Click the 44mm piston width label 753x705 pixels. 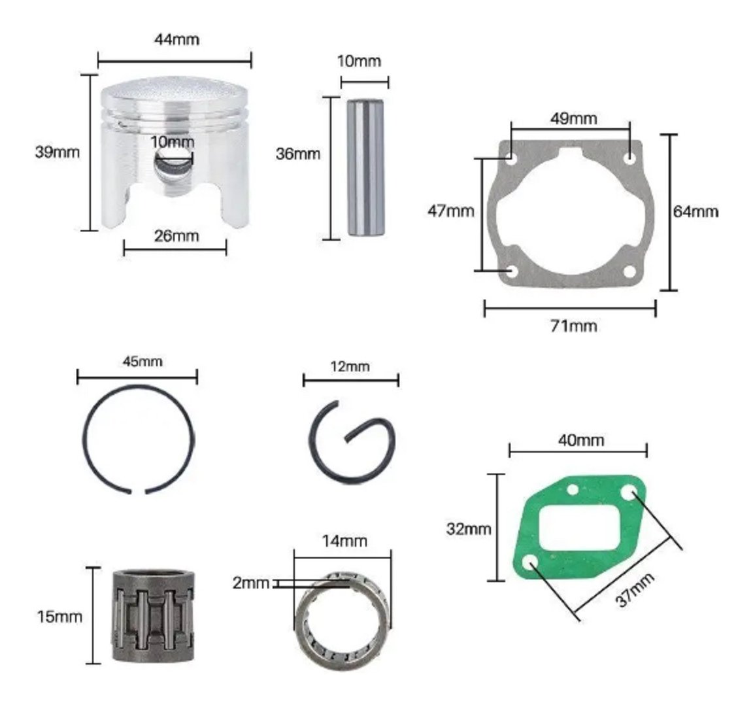pos(176,39)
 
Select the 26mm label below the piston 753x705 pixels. pos(176,236)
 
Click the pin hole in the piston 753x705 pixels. pos(173,166)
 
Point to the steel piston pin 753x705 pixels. pos(365,167)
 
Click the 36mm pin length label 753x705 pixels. pos(298,154)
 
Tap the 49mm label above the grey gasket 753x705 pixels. pos(573,118)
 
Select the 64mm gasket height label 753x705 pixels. pos(695,211)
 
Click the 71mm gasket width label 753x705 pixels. pos(573,326)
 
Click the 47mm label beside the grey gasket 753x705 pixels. pos(450,211)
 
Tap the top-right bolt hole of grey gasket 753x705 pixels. pos(629,158)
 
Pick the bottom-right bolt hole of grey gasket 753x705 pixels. pos(629,272)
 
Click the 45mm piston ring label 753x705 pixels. pos(142,362)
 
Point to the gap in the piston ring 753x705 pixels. pos(139,492)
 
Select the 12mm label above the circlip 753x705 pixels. pos(350,367)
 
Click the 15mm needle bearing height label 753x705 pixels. pos(59,617)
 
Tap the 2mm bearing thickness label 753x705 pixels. pos(251,583)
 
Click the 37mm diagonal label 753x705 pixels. pos(635,590)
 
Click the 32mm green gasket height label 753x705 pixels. pos(469,528)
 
